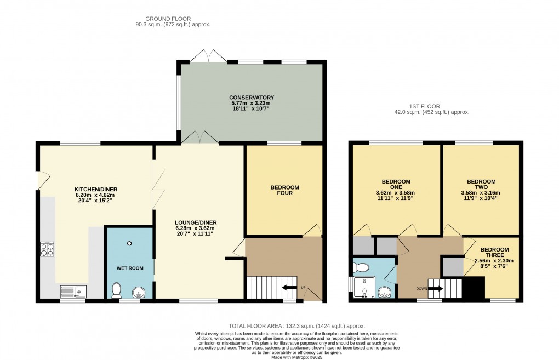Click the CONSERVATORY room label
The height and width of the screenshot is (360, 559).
coord(252,98)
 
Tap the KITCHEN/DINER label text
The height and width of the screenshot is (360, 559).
coord(95,189)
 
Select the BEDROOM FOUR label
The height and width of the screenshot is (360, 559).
coord(284,190)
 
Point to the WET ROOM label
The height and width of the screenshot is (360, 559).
coord(130,268)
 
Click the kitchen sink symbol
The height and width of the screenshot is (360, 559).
coord(73,292)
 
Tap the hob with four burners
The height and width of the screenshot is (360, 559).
coord(47,249)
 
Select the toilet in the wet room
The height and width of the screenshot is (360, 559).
coord(117,290)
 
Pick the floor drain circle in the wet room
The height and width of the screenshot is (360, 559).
coord(129,243)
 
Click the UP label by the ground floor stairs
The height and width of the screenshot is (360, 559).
coord(304,287)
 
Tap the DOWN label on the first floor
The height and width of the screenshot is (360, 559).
coord(421,288)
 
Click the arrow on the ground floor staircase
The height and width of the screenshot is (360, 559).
coord(289,287)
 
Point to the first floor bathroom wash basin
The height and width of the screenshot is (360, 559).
coord(384,292)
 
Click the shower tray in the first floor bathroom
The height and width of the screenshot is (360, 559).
coord(364,287)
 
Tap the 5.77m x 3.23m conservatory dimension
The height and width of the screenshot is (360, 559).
coord(251,103)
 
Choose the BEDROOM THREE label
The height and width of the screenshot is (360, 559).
coord(494,253)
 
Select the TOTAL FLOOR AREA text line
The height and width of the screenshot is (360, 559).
coord(296,326)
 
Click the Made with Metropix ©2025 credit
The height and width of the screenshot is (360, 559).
coord(296,357)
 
